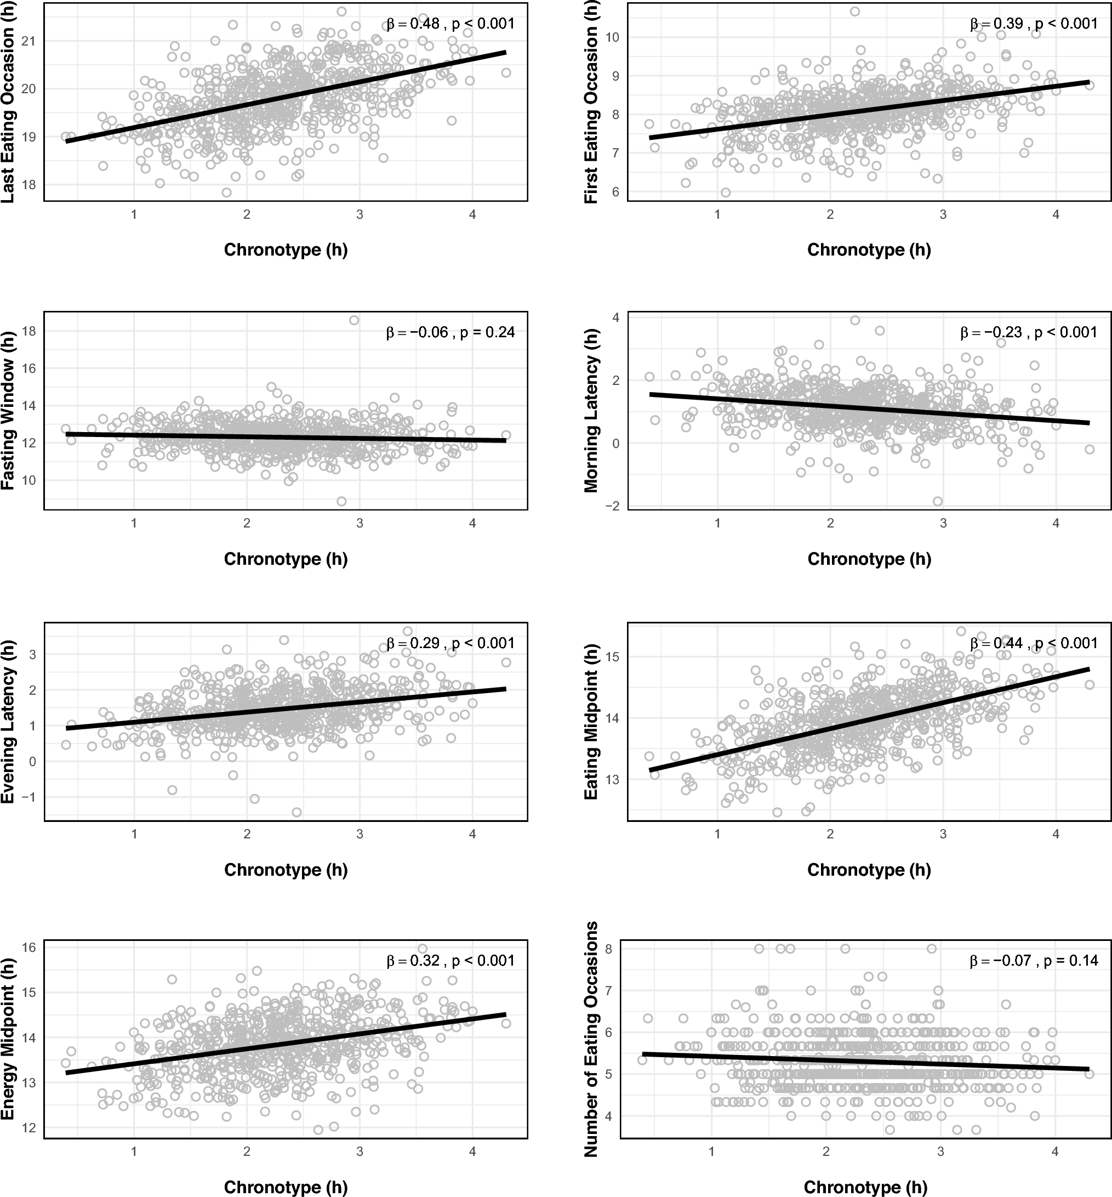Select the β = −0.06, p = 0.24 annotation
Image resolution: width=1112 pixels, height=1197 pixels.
[x=450, y=332]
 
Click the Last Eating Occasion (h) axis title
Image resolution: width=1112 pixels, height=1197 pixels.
[x=8, y=103]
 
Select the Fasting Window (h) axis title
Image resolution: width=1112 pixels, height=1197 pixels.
[x=8, y=411]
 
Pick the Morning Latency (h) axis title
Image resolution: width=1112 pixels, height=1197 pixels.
[x=591, y=411]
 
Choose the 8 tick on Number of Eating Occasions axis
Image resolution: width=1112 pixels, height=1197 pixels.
[x=608, y=949]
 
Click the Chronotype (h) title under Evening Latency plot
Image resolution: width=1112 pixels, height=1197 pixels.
[x=286, y=870]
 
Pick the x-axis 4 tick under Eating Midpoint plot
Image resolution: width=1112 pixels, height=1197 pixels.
[x=1056, y=835]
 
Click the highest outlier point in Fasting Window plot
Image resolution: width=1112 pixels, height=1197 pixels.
[x=355, y=320]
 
